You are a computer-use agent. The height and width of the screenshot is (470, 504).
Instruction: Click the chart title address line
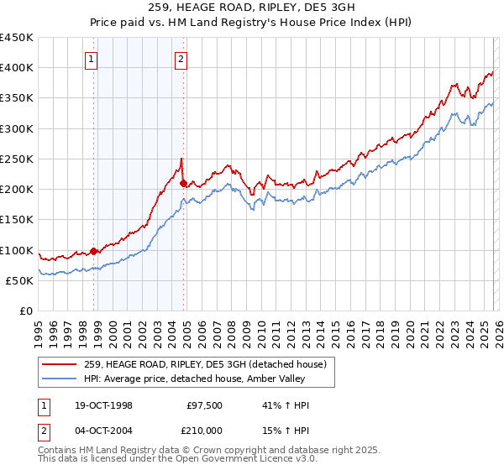[x=252, y=8]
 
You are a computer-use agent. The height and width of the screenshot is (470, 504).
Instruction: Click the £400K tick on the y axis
[x=16, y=68]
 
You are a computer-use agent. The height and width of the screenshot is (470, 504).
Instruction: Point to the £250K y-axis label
[x=16, y=159]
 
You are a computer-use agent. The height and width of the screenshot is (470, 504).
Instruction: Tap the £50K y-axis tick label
[x=19, y=280]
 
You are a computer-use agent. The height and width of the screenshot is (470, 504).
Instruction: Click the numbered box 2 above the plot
[x=181, y=59]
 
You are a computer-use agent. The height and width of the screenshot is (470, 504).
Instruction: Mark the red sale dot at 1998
[x=94, y=250]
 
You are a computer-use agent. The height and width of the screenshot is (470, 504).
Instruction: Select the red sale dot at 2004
[x=183, y=181]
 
